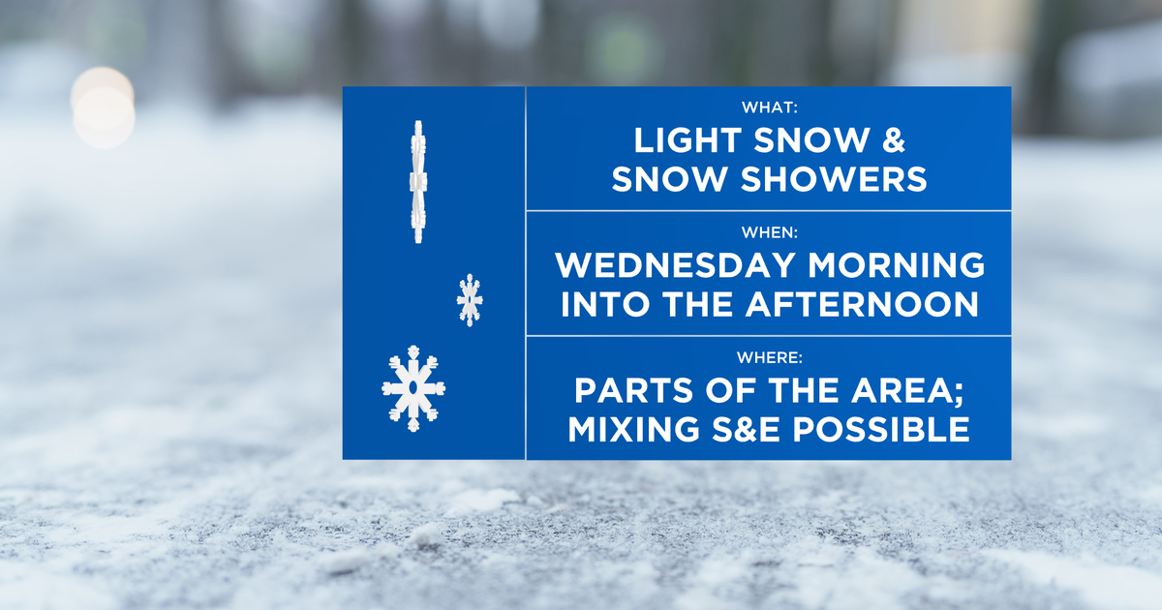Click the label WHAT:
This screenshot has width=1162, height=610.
(x=769, y=107)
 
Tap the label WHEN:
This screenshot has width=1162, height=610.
(x=769, y=232)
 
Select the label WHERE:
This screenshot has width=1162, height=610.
(x=769, y=358)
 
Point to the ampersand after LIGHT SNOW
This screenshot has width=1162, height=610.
(x=893, y=141)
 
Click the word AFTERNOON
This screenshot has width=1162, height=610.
(x=862, y=304)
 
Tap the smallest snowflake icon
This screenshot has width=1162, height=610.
(x=470, y=299)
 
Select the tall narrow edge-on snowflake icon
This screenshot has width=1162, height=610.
(x=417, y=182)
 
